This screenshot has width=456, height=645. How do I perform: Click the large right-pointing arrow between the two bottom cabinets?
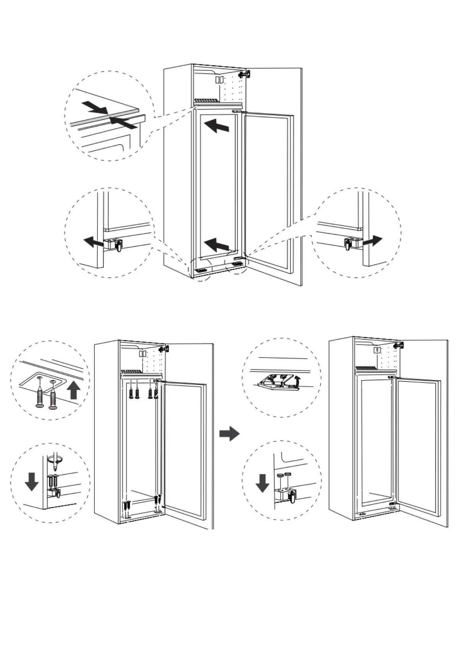tap(229, 434)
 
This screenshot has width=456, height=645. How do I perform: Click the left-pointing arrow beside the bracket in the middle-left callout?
tap(93, 242)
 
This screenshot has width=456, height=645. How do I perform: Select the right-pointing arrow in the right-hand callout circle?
tap(372, 241)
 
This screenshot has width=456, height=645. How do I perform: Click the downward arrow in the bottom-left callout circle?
tap(31, 481)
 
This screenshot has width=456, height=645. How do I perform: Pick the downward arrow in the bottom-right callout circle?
tap(262, 483)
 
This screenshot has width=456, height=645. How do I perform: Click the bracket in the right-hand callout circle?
tap(352, 242)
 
